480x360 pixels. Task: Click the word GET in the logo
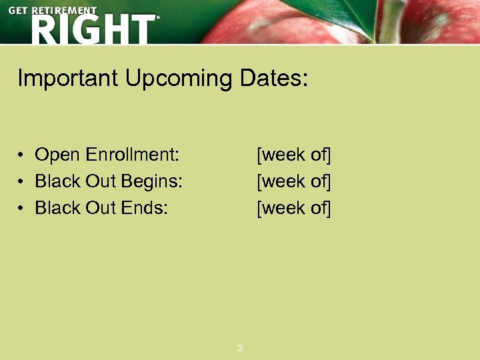pos(19,11)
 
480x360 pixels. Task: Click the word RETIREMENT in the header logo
pos(65,11)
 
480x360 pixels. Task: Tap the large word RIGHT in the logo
pos(92,29)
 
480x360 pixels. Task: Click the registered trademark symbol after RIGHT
pos(158,19)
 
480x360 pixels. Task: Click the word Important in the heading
pos(67,79)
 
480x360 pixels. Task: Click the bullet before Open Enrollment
pos(22,155)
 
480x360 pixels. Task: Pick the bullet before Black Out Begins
pos(22,182)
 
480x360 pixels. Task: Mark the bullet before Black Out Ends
pos(22,209)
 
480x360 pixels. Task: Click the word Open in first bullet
pos(55,155)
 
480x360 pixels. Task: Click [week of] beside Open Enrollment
pos(294,155)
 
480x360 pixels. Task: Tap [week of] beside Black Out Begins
pos(294,181)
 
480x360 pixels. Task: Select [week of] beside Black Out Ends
pos(294,208)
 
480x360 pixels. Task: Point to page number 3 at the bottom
pos(240,348)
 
